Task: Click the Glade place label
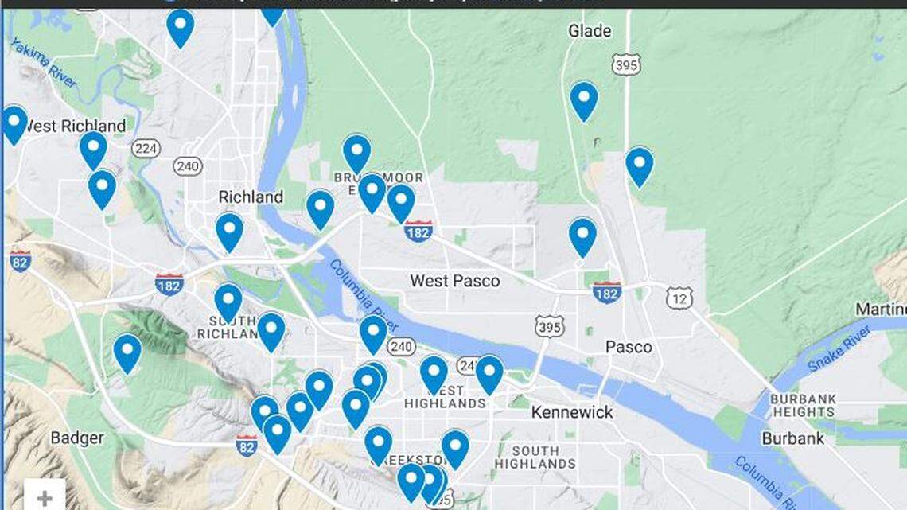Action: pyautogui.click(x=590, y=31)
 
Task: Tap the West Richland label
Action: pyautogui.click(x=74, y=126)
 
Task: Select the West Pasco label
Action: pyautogui.click(x=455, y=281)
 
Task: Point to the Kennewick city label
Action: pyautogui.click(x=572, y=412)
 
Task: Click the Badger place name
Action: pyautogui.click(x=77, y=438)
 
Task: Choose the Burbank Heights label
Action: pyautogui.click(x=803, y=405)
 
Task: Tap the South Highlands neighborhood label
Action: pyautogui.click(x=535, y=457)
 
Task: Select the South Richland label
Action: pyautogui.click(x=228, y=327)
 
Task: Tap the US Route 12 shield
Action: pyautogui.click(x=679, y=298)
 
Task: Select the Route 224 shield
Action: pyautogui.click(x=146, y=148)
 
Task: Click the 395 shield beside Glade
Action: pyautogui.click(x=626, y=65)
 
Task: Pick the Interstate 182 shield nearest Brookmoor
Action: pyautogui.click(x=418, y=232)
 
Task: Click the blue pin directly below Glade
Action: pyautogui.click(x=584, y=100)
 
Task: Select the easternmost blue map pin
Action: pyautogui.click(x=640, y=165)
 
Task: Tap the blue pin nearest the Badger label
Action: pyautogui.click(x=127, y=352)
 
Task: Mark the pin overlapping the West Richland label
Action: pyautogui.click(x=14, y=124)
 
